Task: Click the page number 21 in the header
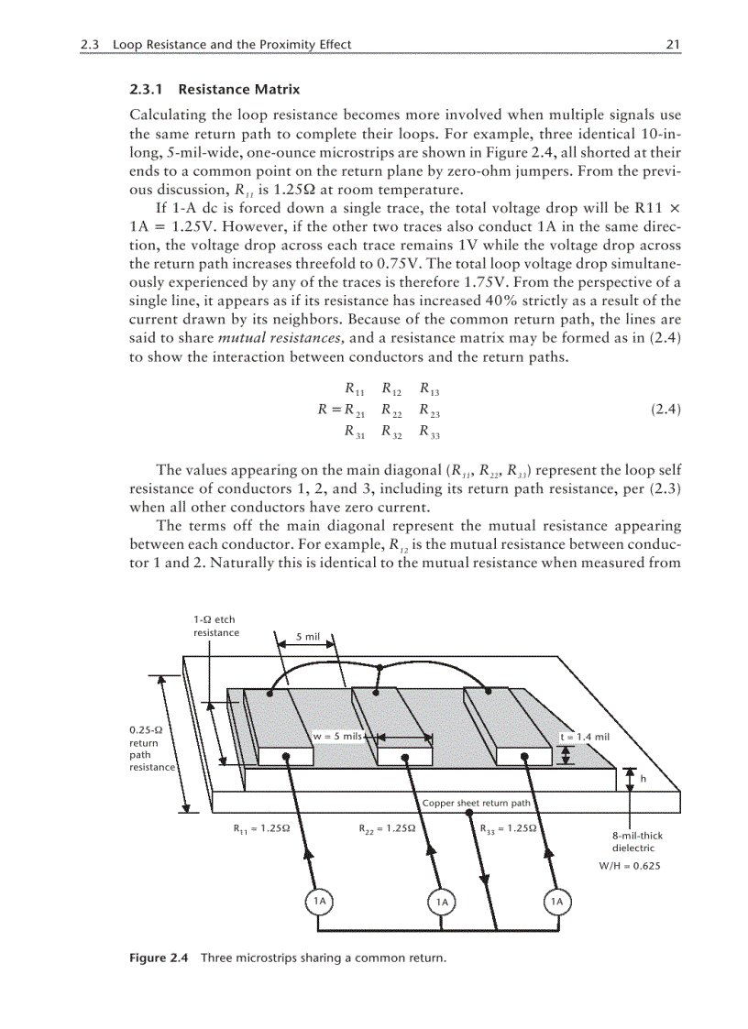point(673,44)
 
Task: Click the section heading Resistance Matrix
point(238,90)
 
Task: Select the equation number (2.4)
point(665,410)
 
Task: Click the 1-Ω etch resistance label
point(215,626)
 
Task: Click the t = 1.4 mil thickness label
point(585,736)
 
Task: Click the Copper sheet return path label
point(476,804)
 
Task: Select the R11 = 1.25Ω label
point(262,829)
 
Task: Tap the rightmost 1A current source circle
point(555,902)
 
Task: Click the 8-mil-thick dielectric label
point(637,842)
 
